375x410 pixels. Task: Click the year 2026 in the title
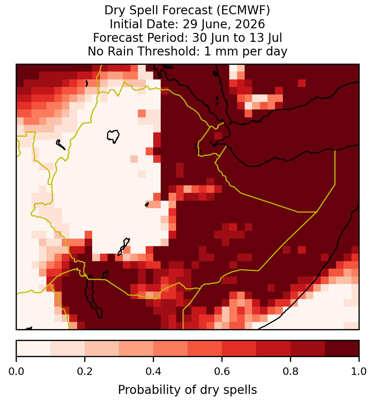[x=250, y=24]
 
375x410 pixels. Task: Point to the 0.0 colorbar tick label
[x=16, y=371]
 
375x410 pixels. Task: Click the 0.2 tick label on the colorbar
[x=85, y=371]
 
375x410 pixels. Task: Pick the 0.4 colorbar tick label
[x=154, y=371]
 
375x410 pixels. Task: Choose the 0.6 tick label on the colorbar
[x=222, y=371]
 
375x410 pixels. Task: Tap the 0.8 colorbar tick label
[x=290, y=371]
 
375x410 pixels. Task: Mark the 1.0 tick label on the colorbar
[x=359, y=371]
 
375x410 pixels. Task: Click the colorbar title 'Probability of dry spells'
[x=187, y=390]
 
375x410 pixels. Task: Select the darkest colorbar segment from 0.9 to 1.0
[x=342, y=348]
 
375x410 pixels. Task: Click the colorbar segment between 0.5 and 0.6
[x=205, y=348]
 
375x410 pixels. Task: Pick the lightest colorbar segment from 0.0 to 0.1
[x=34, y=348]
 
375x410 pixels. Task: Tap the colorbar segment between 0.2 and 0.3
[x=102, y=348]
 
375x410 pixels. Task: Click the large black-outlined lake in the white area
[x=113, y=136]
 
